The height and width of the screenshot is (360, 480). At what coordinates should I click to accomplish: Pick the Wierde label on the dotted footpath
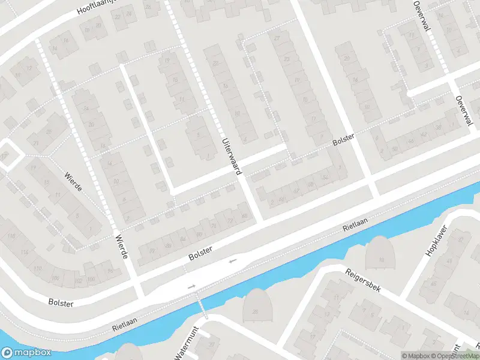pos(73,181)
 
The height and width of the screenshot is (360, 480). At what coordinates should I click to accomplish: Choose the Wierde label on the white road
pos(121,247)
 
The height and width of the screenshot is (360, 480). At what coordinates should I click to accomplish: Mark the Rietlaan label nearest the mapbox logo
pos(125,325)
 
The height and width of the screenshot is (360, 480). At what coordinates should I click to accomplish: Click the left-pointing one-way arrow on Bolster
pos(233,260)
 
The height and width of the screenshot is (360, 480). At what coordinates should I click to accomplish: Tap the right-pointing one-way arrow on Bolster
pos(192,287)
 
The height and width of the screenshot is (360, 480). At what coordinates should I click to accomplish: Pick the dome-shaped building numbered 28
pos(257,305)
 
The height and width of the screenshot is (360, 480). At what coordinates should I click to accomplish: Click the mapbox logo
pos(26,353)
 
